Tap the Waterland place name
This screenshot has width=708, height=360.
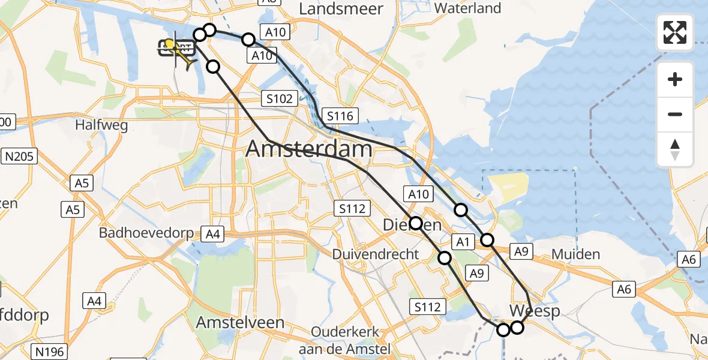point(467,8)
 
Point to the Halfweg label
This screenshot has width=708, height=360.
point(101,125)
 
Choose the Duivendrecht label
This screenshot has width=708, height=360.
point(376,254)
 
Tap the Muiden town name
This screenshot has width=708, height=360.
point(575,254)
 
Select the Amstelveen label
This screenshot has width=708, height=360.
point(240,322)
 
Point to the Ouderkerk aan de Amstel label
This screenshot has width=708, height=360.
point(351,340)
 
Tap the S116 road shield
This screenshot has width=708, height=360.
point(340,116)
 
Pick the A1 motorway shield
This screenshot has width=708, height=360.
point(461,242)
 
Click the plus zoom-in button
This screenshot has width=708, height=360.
point(675,79)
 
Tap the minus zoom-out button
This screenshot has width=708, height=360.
point(675,114)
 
